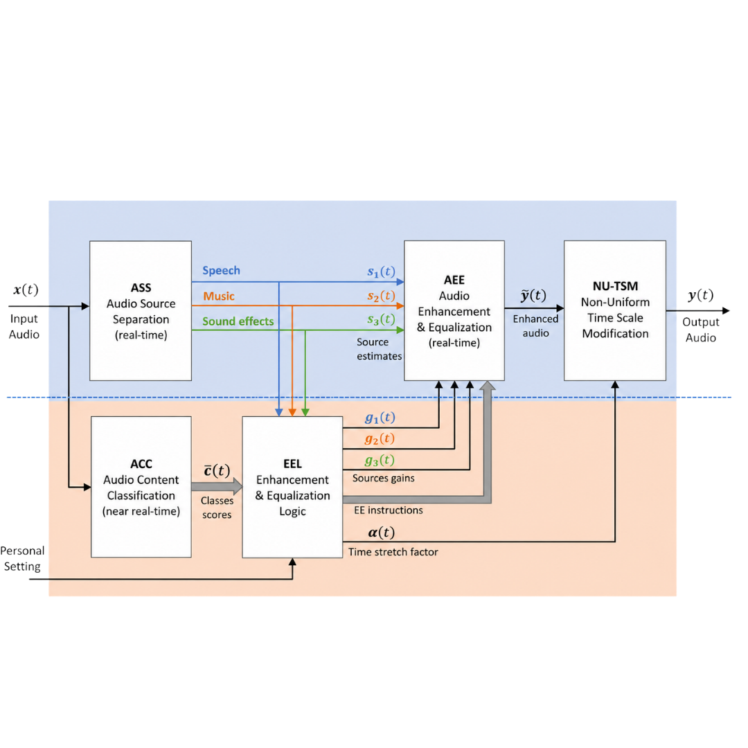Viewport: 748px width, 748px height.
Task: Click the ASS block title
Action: (141, 287)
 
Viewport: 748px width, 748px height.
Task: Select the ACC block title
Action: (141, 464)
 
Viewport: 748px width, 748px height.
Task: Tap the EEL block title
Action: (292, 464)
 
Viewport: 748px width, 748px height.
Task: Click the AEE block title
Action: (454, 280)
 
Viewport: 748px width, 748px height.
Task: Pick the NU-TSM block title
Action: (615, 286)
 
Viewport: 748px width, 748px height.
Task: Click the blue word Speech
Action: (221, 271)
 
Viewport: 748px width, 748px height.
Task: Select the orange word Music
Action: (219, 296)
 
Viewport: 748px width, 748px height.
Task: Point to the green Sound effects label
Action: (238, 321)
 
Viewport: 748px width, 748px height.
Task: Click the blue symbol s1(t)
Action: (381, 271)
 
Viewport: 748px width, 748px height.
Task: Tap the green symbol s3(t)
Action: (381, 319)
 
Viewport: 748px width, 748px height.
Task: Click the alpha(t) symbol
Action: (381, 532)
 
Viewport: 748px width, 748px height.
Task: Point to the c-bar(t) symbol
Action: (217, 470)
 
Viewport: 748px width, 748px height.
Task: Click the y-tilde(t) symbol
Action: (533, 296)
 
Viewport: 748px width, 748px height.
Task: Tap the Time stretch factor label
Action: (393, 552)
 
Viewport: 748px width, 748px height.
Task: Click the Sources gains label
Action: (383, 478)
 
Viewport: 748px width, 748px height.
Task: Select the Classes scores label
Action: (217, 507)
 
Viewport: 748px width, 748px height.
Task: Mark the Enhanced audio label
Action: (535, 326)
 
